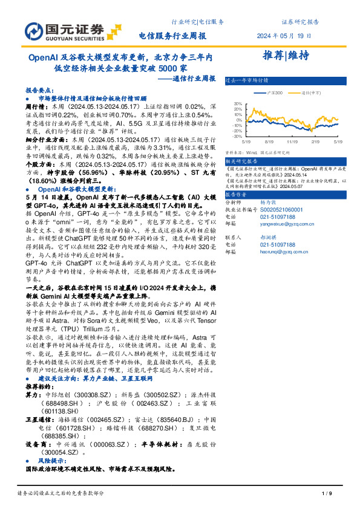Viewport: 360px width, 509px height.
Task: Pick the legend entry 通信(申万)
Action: (310, 92)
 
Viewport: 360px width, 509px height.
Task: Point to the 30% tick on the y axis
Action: (237, 103)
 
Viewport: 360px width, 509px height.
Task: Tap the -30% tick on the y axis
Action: (237, 137)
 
